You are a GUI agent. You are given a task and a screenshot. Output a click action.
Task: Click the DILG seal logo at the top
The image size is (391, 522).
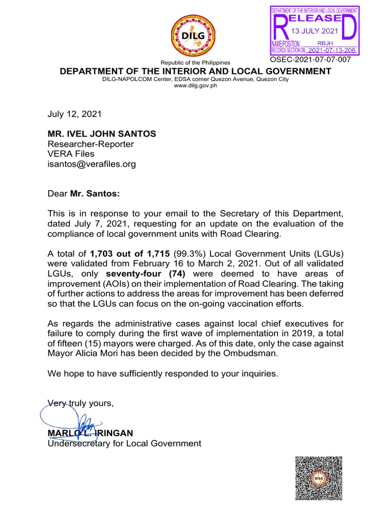pyautogui.click(x=195, y=35)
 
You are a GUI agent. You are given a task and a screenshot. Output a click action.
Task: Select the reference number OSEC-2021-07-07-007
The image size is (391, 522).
pyautogui.click(x=311, y=60)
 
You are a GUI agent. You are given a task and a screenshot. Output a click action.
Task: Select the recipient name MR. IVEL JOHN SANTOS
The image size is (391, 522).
pyautogui.click(x=102, y=134)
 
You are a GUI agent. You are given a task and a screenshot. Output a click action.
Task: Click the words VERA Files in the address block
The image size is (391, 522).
pyautogui.click(x=71, y=154)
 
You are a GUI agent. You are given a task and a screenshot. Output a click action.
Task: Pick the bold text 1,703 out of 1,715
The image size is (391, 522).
pyautogui.click(x=130, y=254)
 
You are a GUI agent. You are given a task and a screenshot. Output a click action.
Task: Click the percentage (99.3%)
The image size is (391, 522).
pyautogui.click(x=190, y=254)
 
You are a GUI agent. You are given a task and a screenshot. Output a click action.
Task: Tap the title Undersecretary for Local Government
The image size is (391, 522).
pyautogui.click(x=124, y=443)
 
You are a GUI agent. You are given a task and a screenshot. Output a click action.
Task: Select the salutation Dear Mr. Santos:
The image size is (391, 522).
pyautogui.click(x=86, y=194)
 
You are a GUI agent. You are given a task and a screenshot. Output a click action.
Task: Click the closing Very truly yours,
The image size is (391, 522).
pyautogui.click(x=80, y=403)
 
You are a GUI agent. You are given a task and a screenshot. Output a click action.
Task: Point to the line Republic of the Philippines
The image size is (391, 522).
pyautogui.click(x=195, y=62)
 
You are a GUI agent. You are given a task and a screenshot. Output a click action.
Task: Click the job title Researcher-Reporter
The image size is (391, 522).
pyautogui.click(x=91, y=144)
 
